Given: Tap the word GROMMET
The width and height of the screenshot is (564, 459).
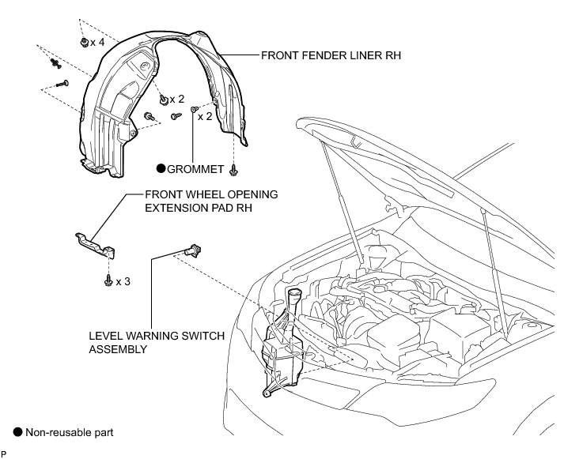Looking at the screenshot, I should click(x=197, y=167).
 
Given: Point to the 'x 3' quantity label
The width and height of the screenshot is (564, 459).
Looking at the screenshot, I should click(x=123, y=281).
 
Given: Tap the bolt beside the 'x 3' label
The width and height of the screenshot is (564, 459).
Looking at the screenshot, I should click(x=107, y=280).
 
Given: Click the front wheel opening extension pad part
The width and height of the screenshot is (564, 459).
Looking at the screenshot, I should click(x=95, y=244).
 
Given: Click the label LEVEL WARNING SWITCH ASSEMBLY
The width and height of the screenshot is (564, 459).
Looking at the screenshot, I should click(x=157, y=342).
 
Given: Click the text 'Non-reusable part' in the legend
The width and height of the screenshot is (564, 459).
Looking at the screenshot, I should click(x=70, y=432).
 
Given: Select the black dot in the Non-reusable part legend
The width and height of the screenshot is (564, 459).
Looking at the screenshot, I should click(x=17, y=432).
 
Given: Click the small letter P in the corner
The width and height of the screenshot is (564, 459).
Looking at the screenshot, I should click(x=3, y=454).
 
